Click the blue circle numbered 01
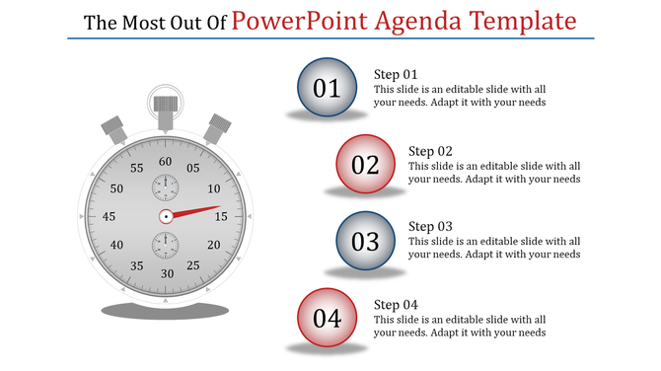[327, 88]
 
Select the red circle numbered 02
[365, 165]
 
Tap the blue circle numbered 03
[365, 241]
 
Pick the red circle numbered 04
[327, 318]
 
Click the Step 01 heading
[396, 74]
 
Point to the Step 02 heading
[430, 151]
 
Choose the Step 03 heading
[430, 227]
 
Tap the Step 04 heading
[396, 304]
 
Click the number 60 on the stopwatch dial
[166, 162]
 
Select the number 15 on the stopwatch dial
[221, 216]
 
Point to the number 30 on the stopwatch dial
[167, 273]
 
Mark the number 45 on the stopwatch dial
[110, 217]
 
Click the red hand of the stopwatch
[197, 211]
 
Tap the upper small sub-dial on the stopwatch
[166, 186]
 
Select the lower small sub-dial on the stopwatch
[166, 245]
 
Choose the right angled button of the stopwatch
[216, 129]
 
